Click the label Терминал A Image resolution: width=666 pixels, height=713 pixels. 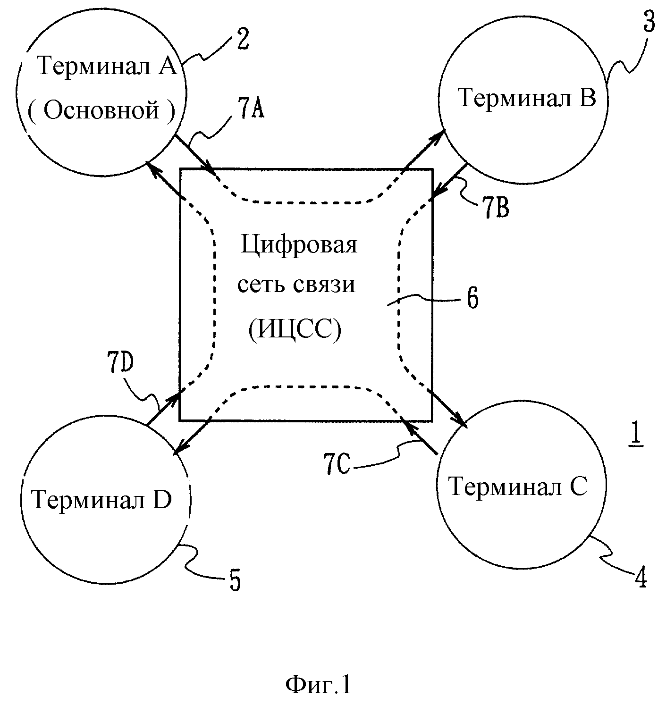click(108, 66)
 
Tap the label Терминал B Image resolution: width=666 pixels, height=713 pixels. click(527, 97)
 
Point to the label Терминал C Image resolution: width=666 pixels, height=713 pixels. click(518, 487)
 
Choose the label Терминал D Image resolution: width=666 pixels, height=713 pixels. click(101, 499)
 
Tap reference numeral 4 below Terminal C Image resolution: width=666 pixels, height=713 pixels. click(640, 577)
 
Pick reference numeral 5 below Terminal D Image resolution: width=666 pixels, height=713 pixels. click(235, 580)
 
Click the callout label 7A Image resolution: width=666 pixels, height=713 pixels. click(251, 107)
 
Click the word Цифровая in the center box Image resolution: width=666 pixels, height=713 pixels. click(299, 245)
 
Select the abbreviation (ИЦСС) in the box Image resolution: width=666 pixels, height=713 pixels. click(295, 329)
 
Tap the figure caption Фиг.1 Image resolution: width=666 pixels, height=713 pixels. click(318, 685)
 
